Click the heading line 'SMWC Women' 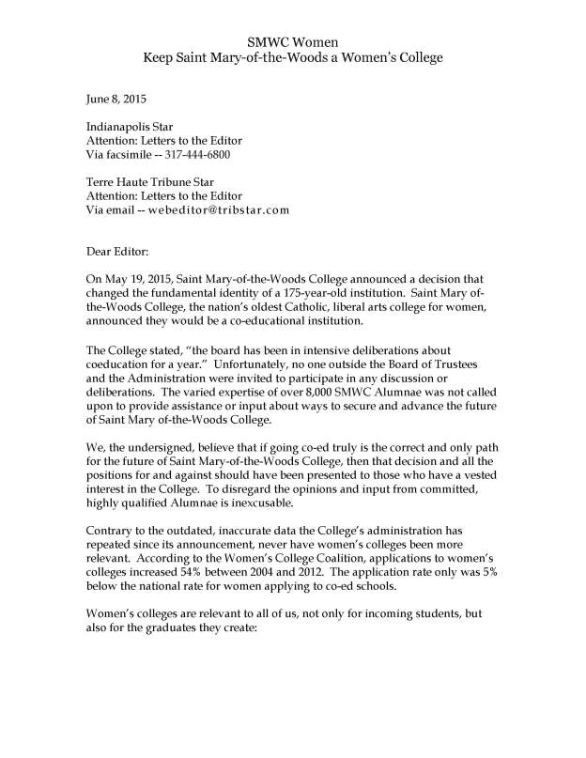[292, 42]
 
